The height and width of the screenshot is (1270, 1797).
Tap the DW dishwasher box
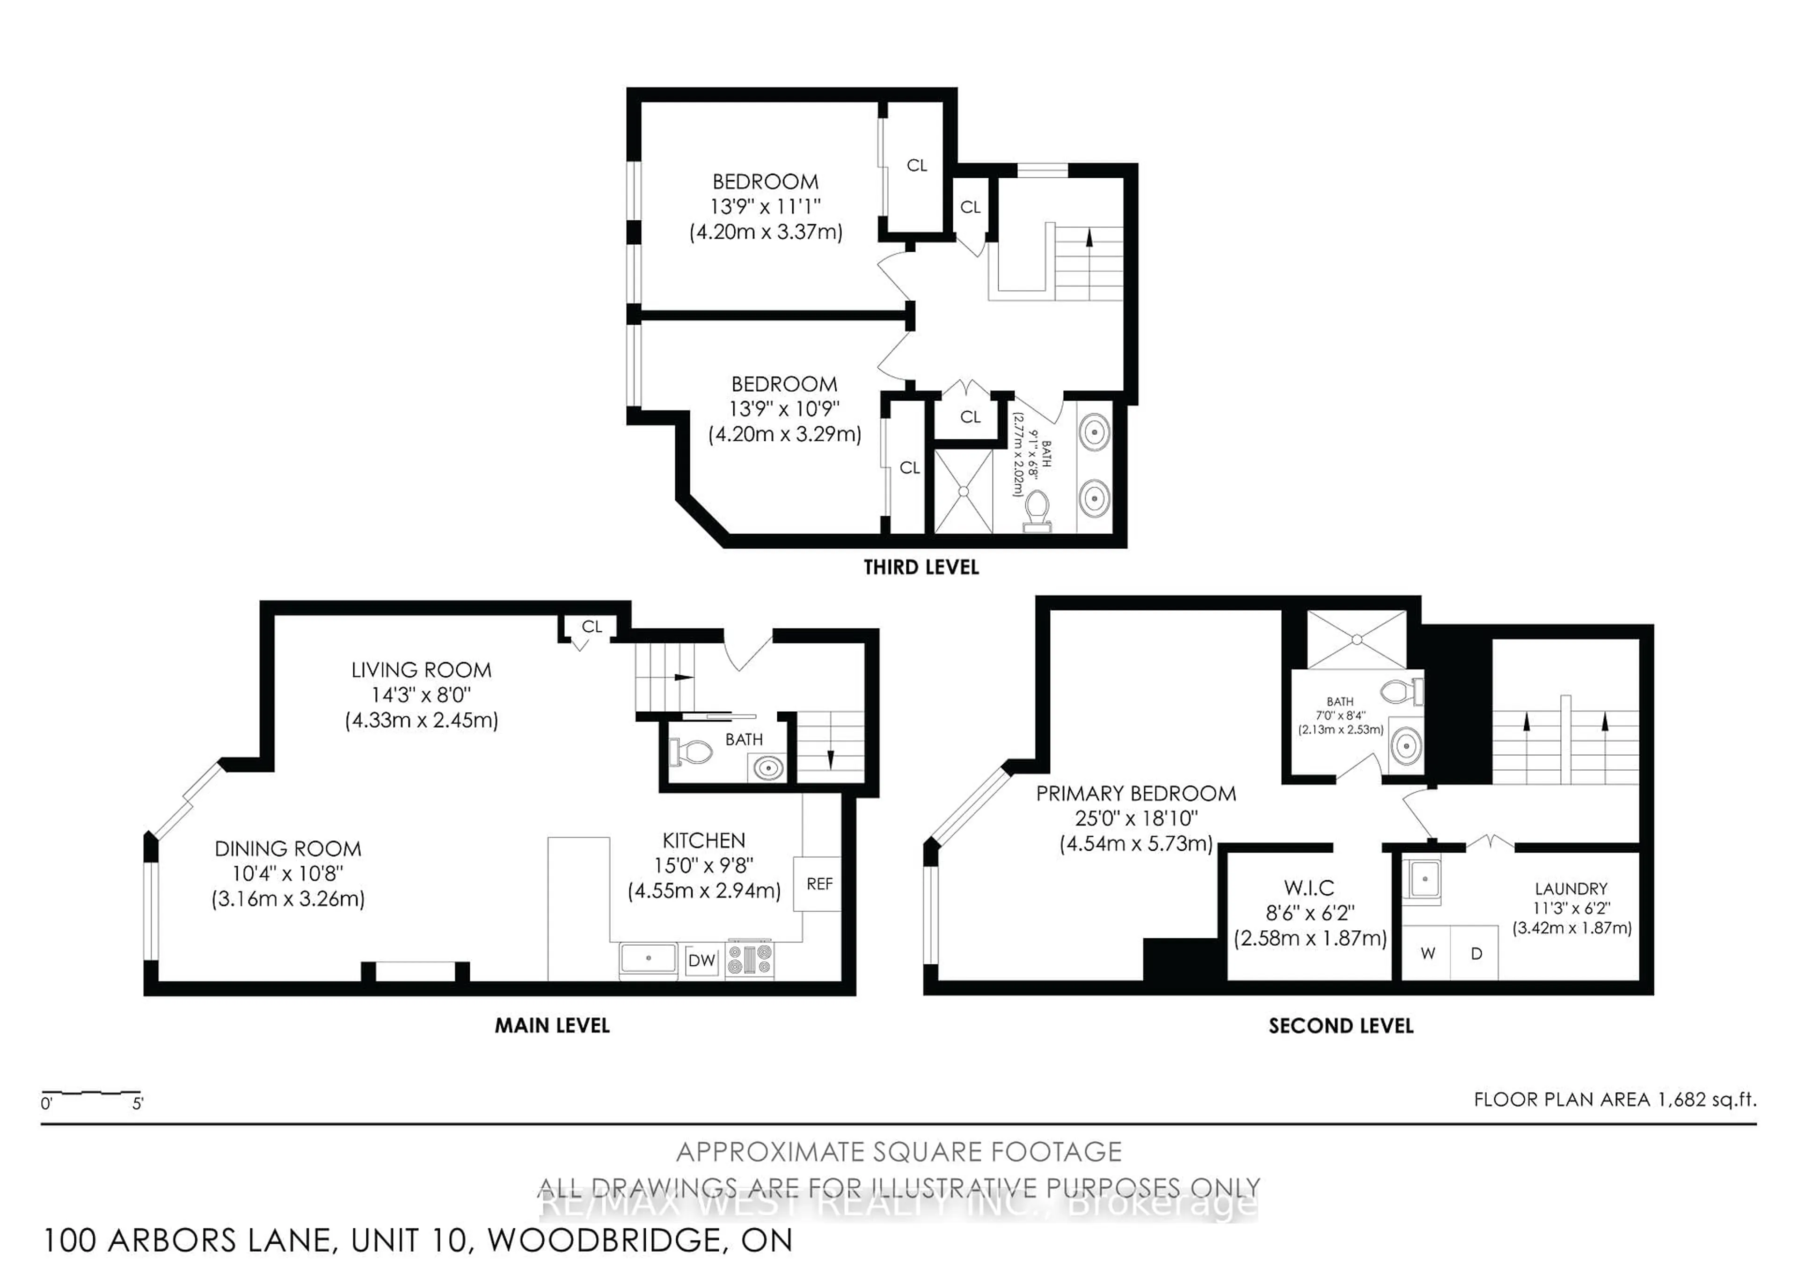(701, 960)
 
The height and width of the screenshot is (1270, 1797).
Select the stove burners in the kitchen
(749, 959)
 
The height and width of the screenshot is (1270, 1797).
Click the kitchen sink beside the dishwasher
(648, 958)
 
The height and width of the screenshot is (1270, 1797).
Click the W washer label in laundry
(1428, 953)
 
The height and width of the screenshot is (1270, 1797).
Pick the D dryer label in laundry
(1476, 953)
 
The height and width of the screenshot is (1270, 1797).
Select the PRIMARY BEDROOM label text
(1136, 794)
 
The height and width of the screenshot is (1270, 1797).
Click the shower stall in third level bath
(964, 491)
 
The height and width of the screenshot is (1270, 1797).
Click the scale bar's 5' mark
(138, 1104)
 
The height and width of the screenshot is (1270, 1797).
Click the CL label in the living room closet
(592, 626)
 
